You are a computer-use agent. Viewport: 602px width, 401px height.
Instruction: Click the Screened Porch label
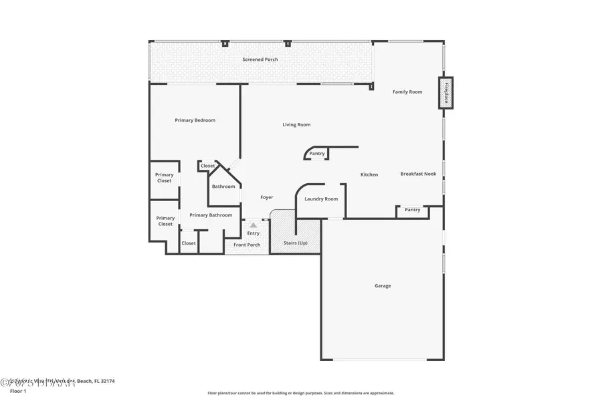pyautogui.click(x=260, y=59)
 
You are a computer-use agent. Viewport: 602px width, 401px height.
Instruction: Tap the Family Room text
pyautogui.click(x=407, y=92)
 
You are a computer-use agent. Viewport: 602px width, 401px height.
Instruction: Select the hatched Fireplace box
pyautogui.click(x=445, y=93)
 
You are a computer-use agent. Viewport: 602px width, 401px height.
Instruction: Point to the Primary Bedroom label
pyautogui.click(x=195, y=120)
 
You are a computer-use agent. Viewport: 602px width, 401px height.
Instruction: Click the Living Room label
pyautogui.click(x=296, y=125)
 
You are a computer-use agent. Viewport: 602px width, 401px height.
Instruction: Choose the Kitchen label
pyautogui.click(x=369, y=174)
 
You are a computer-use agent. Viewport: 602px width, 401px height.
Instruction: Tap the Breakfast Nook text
pyautogui.click(x=418, y=174)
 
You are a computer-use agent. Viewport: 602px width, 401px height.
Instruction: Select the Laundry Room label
pyautogui.click(x=321, y=199)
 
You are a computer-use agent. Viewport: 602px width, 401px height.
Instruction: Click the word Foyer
pyautogui.click(x=267, y=197)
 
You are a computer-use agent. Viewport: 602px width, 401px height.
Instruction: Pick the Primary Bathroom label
pyautogui.click(x=211, y=215)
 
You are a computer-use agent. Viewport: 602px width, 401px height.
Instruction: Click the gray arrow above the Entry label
pyautogui.click(x=254, y=226)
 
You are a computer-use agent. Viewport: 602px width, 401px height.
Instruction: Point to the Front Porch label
pyautogui.click(x=247, y=245)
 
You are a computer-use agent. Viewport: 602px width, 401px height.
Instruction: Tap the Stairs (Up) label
pyautogui.click(x=296, y=243)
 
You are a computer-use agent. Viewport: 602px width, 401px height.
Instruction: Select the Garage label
pyautogui.click(x=383, y=286)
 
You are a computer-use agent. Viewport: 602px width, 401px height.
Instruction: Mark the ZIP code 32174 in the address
pyautogui.click(x=106, y=381)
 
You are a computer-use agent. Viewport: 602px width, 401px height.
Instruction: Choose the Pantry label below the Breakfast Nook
pyautogui.click(x=413, y=210)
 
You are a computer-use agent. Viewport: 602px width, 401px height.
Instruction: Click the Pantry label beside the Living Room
pyautogui.click(x=317, y=154)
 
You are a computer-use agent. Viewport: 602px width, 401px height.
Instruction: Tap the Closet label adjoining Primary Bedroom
pyautogui.click(x=208, y=166)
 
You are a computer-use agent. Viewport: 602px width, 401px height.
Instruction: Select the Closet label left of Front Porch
pyautogui.click(x=189, y=243)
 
